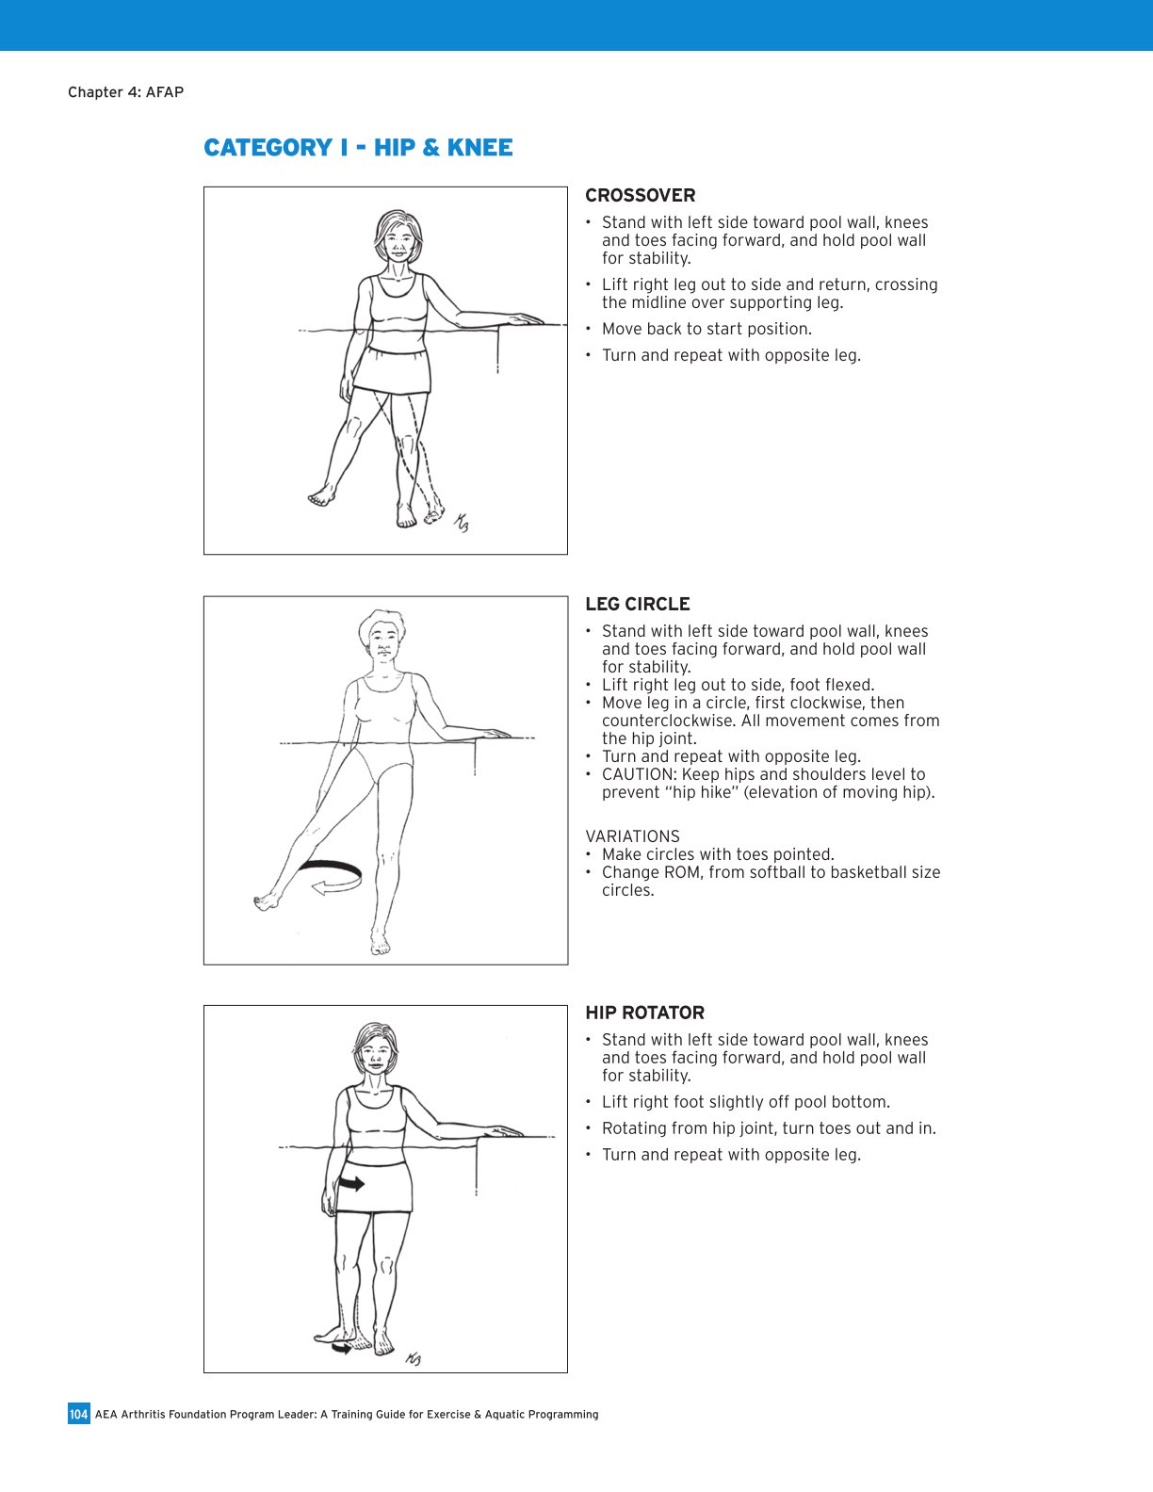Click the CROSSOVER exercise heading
(x=640, y=196)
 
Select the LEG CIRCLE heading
(x=637, y=605)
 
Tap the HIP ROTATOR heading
(x=644, y=1014)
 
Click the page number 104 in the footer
(x=79, y=1414)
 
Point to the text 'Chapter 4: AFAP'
(x=125, y=92)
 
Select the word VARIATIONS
(x=632, y=836)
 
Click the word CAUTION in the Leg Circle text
(x=638, y=774)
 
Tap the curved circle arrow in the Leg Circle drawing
(x=329, y=876)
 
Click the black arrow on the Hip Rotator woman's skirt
(x=351, y=1183)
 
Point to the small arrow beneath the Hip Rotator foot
(x=340, y=1349)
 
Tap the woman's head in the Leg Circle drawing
(x=382, y=636)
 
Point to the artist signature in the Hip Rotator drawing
(x=413, y=1358)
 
